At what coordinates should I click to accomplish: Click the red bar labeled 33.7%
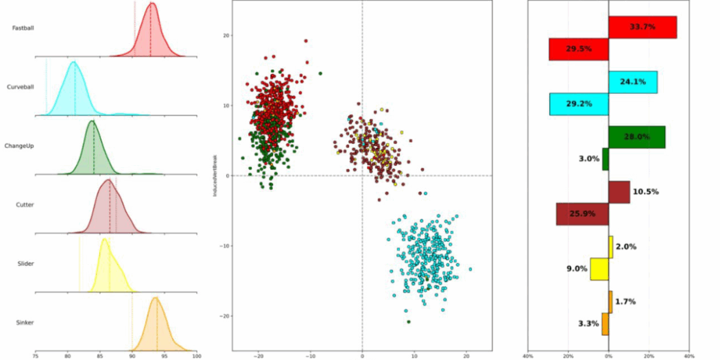tap(643, 27)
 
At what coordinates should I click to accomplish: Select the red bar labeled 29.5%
tap(579, 49)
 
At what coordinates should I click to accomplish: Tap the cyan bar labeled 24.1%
tap(632, 82)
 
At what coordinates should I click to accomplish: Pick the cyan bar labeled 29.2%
tap(579, 104)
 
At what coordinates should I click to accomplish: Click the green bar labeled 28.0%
tap(636, 137)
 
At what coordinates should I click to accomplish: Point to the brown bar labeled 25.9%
tap(582, 214)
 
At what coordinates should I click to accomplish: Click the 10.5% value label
tap(645, 192)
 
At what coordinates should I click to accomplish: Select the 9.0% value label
tap(575, 269)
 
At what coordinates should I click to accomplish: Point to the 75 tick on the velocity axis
tap(36, 356)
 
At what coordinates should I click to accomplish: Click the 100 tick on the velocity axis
tap(197, 356)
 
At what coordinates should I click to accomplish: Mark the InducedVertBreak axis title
tap(215, 176)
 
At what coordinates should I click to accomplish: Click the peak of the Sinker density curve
tap(156, 298)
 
